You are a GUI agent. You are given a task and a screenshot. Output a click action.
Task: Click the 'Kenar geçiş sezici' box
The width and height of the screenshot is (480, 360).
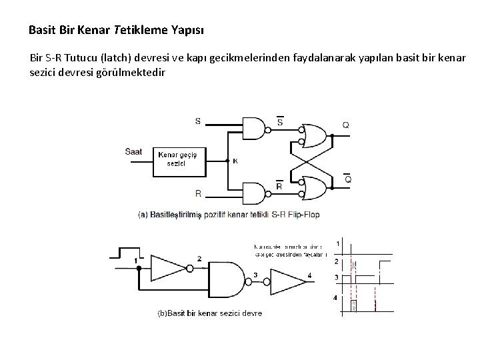pyautogui.click(x=179, y=159)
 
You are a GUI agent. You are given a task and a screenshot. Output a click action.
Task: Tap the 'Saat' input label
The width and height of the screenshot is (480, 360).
pyautogui.click(x=133, y=152)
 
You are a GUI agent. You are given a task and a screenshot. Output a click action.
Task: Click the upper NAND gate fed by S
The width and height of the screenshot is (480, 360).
pyautogui.click(x=254, y=129)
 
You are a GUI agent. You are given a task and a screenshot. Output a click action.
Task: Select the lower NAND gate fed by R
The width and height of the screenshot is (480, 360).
pyautogui.click(x=254, y=193)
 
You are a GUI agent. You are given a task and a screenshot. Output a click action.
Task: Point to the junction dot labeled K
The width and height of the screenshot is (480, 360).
pyautogui.click(x=227, y=160)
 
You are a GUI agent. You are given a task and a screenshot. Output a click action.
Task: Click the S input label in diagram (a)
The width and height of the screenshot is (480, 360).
pyautogui.click(x=198, y=121)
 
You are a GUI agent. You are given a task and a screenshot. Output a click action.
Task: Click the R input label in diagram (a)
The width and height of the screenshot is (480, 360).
pyautogui.click(x=198, y=193)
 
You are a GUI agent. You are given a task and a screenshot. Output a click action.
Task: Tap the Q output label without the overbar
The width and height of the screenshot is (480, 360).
pyautogui.click(x=345, y=125)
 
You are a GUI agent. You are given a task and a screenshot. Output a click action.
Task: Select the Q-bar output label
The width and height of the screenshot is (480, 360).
pyautogui.click(x=347, y=179)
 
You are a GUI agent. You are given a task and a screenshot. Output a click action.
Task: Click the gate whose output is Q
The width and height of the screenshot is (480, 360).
pyautogui.click(x=315, y=136)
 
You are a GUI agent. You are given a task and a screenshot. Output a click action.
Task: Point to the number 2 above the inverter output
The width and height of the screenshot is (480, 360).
pyautogui.click(x=199, y=257)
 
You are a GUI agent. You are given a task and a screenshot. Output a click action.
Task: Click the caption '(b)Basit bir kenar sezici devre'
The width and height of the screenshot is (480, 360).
pyautogui.click(x=209, y=313)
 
